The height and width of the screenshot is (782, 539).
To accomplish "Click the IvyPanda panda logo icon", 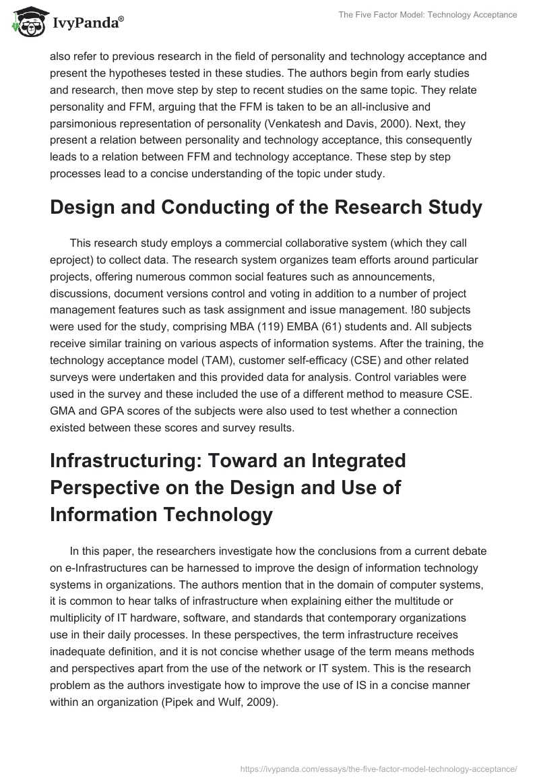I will click(26, 22).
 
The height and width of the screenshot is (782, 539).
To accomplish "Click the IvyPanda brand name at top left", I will click(86, 24).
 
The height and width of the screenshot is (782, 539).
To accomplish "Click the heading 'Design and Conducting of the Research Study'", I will click(266, 208).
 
